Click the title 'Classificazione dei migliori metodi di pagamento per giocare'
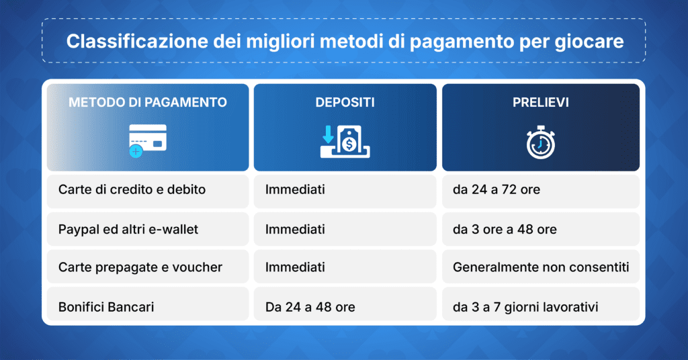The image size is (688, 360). [x=344, y=42]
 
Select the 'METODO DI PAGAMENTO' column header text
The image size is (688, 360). [x=148, y=103]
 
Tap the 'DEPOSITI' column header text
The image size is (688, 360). [x=345, y=103]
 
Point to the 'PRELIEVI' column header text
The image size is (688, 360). [x=540, y=103]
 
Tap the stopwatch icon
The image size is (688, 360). [x=540, y=142]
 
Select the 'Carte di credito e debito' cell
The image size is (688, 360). [x=132, y=190]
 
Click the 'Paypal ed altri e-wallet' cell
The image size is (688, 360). [x=128, y=229]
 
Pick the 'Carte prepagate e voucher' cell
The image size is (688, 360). [x=140, y=267]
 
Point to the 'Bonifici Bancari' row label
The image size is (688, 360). [x=106, y=307]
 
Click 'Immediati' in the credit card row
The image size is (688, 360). [x=295, y=190]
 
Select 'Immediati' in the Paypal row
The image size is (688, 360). [x=295, y=229]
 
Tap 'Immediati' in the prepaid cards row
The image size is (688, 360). [x=295, y=267]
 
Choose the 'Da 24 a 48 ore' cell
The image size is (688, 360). [x=310, y=307]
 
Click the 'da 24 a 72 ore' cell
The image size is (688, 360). [x=496, y=190]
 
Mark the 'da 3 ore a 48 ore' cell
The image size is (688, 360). [x=505, y=229]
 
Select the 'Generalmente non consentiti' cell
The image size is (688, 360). [x=541, y=267]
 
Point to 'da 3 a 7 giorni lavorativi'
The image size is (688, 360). [x=525, y=307]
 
